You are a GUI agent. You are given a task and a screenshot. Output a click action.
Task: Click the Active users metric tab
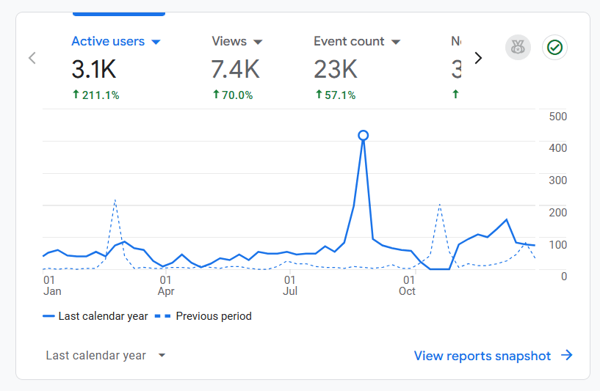pyautogui.click(x=115, y=42)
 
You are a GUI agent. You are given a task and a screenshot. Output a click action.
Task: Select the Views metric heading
pyautogui.click(x=236, y=42)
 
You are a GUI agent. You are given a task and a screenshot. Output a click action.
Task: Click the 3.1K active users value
pyautogui.click(x=94, y=70)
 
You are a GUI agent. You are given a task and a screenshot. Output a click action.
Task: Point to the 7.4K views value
pyautogui.click(x=235, y=70)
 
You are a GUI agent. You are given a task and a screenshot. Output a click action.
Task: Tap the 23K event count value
pyautogui.click(x=336, y=70)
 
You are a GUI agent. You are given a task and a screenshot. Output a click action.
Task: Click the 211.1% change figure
pyautogui.click(x=95, y=95)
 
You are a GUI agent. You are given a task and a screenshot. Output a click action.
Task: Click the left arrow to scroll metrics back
pyautogui.click(x=32, y=58)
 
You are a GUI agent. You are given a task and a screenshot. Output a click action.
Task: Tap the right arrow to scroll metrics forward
pyautogui.click(x=478, y=58)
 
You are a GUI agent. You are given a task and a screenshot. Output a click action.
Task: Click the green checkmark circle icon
pyautogui.click(x=554, y=48)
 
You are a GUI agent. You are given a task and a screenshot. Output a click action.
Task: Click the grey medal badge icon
pyautogui.click(x=518, y=48)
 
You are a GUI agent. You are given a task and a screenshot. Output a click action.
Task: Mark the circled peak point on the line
pyautogui.click(x=363, y=135)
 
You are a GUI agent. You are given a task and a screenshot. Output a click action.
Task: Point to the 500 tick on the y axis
pyautogui.click(x=557, y=117)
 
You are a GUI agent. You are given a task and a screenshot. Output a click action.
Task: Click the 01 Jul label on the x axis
pyautogui.click(x=290, y=285)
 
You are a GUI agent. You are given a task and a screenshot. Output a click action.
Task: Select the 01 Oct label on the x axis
pyautogui.click(x=407, y=285)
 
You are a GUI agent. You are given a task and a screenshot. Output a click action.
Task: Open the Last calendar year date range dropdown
pyautogui.click(x=106, y=356)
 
